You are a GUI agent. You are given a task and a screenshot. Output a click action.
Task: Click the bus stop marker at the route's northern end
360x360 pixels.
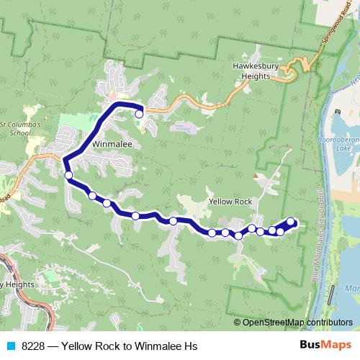click(139, 113)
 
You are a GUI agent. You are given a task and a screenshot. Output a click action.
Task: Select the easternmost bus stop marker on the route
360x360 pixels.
click(290, 222)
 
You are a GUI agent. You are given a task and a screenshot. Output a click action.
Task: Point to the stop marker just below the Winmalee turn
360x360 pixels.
click(68, 175)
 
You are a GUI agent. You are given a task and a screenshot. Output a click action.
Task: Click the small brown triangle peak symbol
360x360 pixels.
click(255, 174)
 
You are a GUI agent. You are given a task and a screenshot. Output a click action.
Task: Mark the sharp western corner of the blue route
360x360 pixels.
click(64, 160)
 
